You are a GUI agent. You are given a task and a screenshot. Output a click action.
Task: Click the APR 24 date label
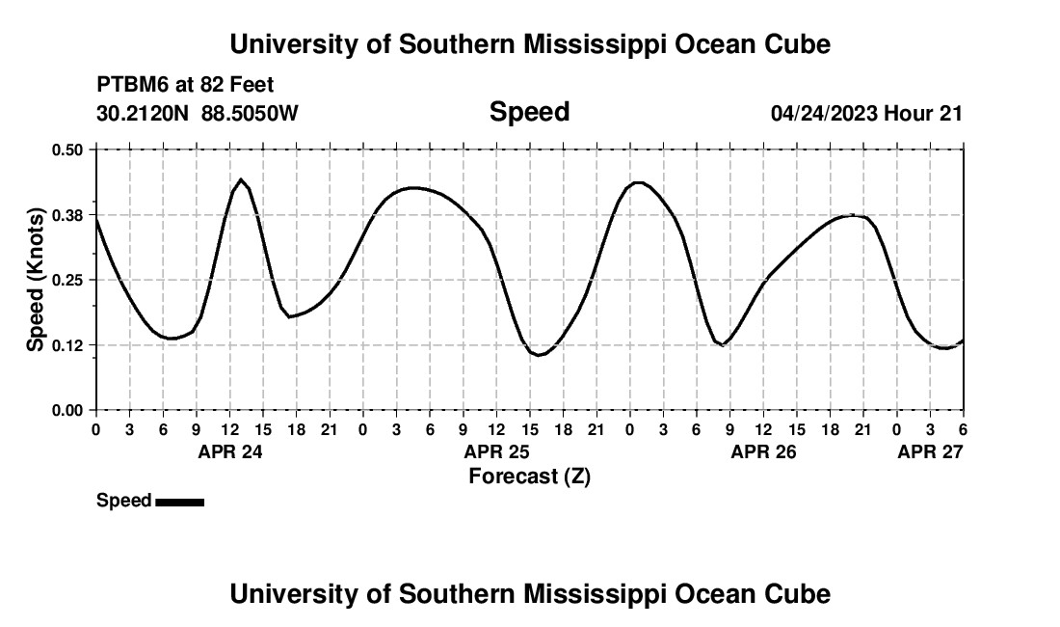click(x=229, y=450)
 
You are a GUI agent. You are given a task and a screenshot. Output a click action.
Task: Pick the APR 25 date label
click(x=496, y=450)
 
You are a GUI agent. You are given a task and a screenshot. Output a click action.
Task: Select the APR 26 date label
click(x=763, y=450)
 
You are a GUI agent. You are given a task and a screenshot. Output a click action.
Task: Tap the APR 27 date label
click(x=930, y=450)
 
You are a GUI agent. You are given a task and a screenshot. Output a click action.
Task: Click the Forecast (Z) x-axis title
click(x=529, y=476)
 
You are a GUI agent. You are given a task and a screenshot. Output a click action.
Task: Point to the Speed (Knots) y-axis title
click(x=36, y=280)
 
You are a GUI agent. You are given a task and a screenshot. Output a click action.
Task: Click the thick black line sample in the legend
click(x=179, y=502)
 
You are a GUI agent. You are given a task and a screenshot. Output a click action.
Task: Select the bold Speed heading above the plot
click(x=529, y=112)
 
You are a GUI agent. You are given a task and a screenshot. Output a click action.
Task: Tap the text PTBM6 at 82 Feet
click(x=185, y=85)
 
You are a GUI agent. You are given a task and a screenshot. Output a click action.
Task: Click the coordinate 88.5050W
click(x=250, y=114)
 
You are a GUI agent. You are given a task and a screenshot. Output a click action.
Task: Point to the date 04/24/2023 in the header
click(x=823, y=114)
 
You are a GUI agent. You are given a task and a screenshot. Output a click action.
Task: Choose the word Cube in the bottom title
click(x=799, y=594)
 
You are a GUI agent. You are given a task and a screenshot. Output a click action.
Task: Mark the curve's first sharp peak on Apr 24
click(x=241, y=179)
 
